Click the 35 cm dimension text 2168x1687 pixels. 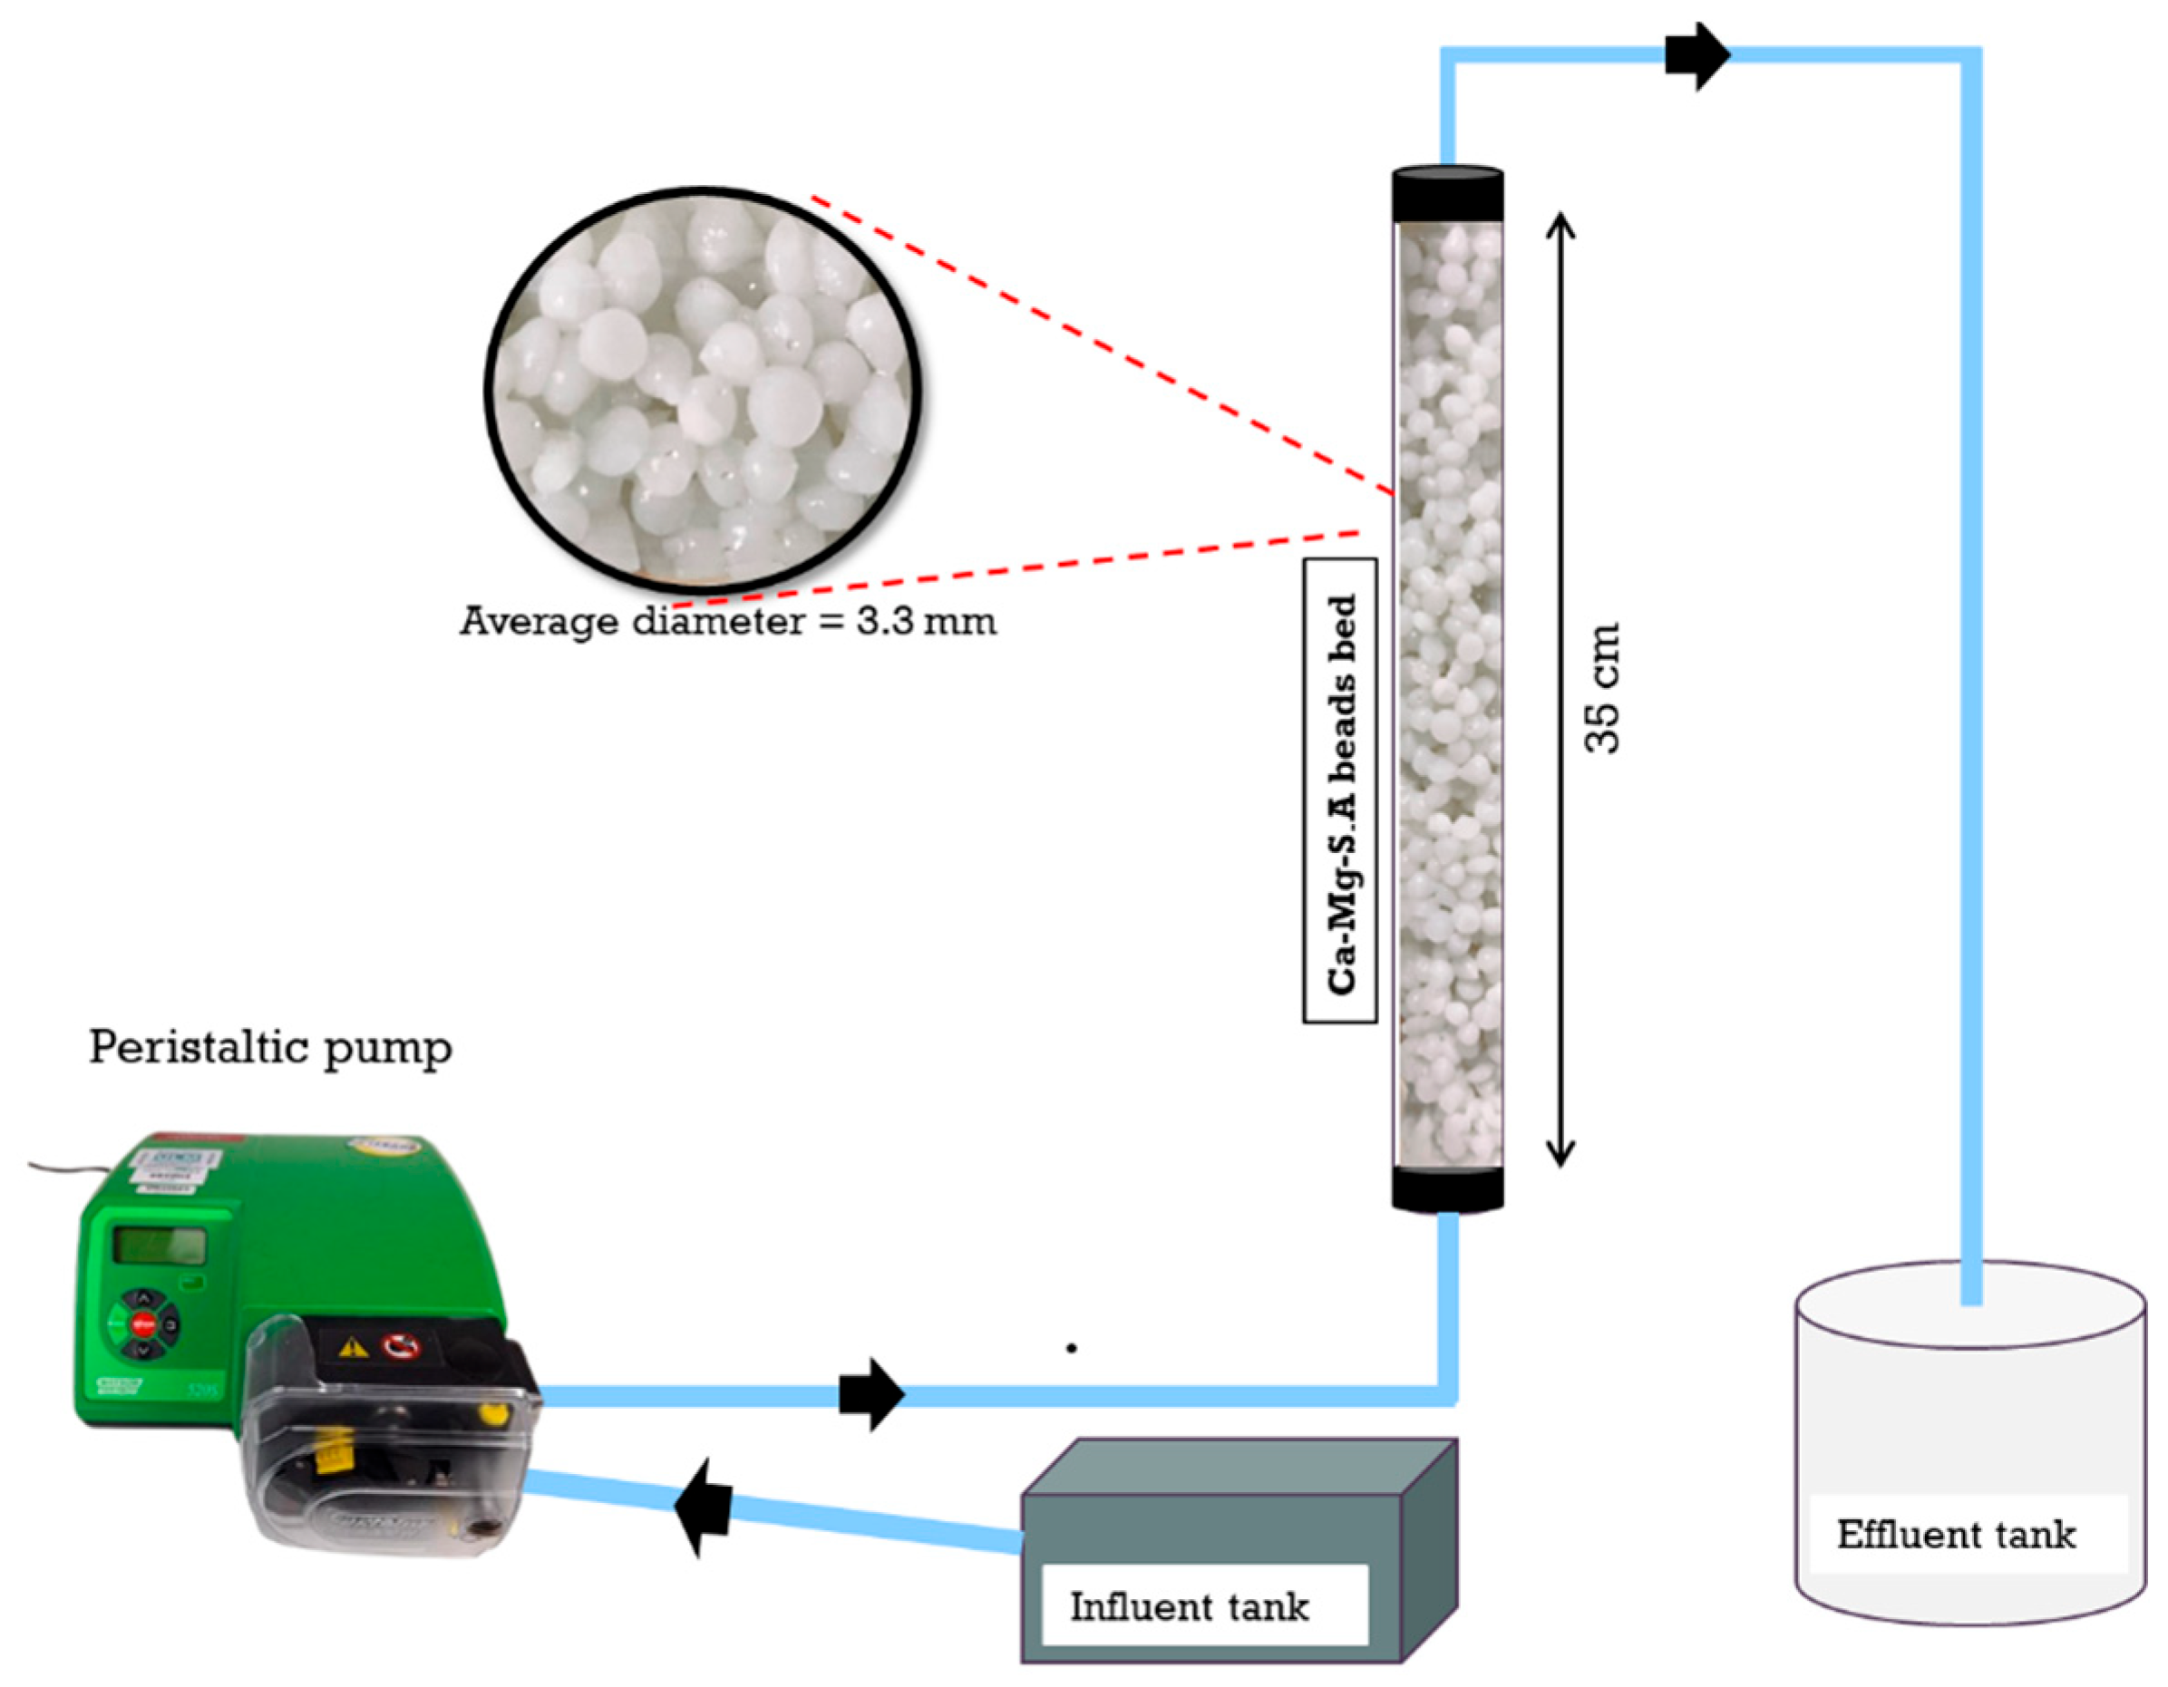point(1601,688)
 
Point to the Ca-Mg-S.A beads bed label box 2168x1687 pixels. point(1340,790)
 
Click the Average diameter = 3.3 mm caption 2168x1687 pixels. point(727,622)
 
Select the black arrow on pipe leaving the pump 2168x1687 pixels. point(870,1395)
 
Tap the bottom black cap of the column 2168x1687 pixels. point(1447,1188)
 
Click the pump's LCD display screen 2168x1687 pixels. point(159,1246)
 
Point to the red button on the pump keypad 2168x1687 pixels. point(143,1322)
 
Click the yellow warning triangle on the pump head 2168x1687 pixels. point(353,1348)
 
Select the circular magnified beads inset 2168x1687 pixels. point(703,390)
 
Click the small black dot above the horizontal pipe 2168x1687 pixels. point(1071,1349)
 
